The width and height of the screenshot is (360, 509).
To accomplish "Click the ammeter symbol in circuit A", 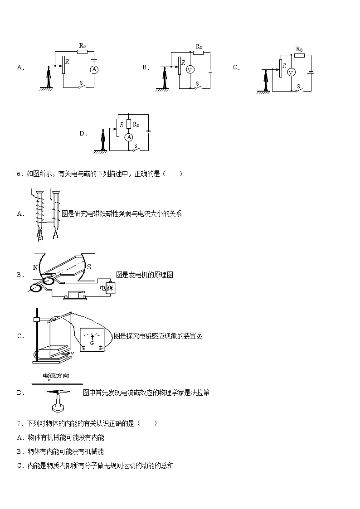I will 94,69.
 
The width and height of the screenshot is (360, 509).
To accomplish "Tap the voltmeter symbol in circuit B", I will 190,69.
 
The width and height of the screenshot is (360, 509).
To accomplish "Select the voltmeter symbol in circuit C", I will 292,72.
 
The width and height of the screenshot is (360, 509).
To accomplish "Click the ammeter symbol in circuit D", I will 129,137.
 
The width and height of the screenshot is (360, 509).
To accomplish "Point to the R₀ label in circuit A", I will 83,45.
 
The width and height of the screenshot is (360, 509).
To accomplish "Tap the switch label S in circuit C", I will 298,86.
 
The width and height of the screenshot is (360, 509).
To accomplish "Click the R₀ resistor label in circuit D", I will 136,124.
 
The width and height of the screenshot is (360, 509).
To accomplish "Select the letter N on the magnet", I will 35,267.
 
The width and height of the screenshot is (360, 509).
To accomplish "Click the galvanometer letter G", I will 92,344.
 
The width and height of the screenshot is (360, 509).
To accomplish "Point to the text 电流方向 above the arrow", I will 56,376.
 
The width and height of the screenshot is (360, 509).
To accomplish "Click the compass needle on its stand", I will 58,392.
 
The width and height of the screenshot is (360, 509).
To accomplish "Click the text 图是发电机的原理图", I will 145,275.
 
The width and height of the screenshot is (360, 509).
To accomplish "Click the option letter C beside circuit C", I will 236,68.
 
